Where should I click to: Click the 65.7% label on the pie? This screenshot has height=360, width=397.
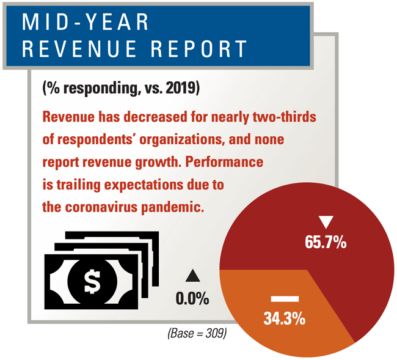click(326, 242)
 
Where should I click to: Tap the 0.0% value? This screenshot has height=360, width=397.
click(192, 299)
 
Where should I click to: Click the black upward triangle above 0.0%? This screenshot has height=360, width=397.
click(192, 276)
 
